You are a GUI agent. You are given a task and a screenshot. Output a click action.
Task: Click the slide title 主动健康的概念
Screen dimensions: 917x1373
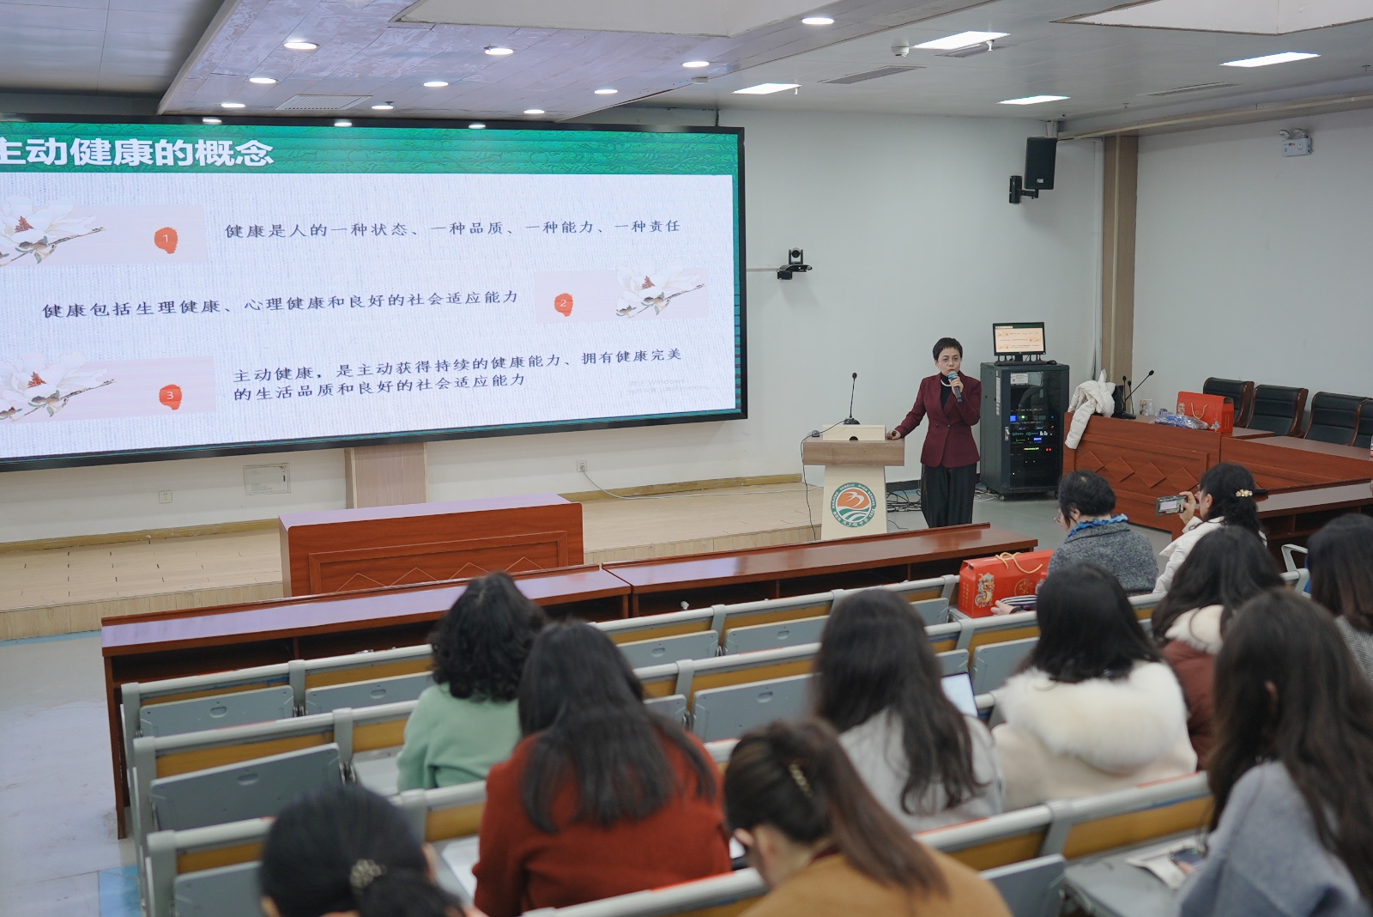[137, 152]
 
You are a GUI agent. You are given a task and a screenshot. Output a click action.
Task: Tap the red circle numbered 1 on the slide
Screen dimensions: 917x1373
[166, 239]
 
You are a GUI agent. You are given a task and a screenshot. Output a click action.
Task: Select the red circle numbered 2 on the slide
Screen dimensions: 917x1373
[564, 303]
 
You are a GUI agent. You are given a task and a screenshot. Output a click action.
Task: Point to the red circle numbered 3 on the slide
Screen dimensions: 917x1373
[170, 396]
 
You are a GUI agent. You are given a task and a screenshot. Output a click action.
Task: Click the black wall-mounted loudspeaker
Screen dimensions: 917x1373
[1040, 163]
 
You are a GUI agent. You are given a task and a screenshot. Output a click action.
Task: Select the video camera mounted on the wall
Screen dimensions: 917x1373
[795, 262]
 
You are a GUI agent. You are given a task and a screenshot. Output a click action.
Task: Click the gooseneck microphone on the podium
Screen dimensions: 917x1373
[851, 399]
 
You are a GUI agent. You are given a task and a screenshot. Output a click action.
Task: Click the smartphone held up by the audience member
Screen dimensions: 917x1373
[1170, 505]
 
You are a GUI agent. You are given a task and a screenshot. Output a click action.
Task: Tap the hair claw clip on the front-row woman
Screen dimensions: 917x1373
[800, 779]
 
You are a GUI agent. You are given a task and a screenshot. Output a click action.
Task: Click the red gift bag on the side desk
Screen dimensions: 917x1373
[1205, 412]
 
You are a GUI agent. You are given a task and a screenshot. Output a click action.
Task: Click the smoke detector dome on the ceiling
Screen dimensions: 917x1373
[899, 51]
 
